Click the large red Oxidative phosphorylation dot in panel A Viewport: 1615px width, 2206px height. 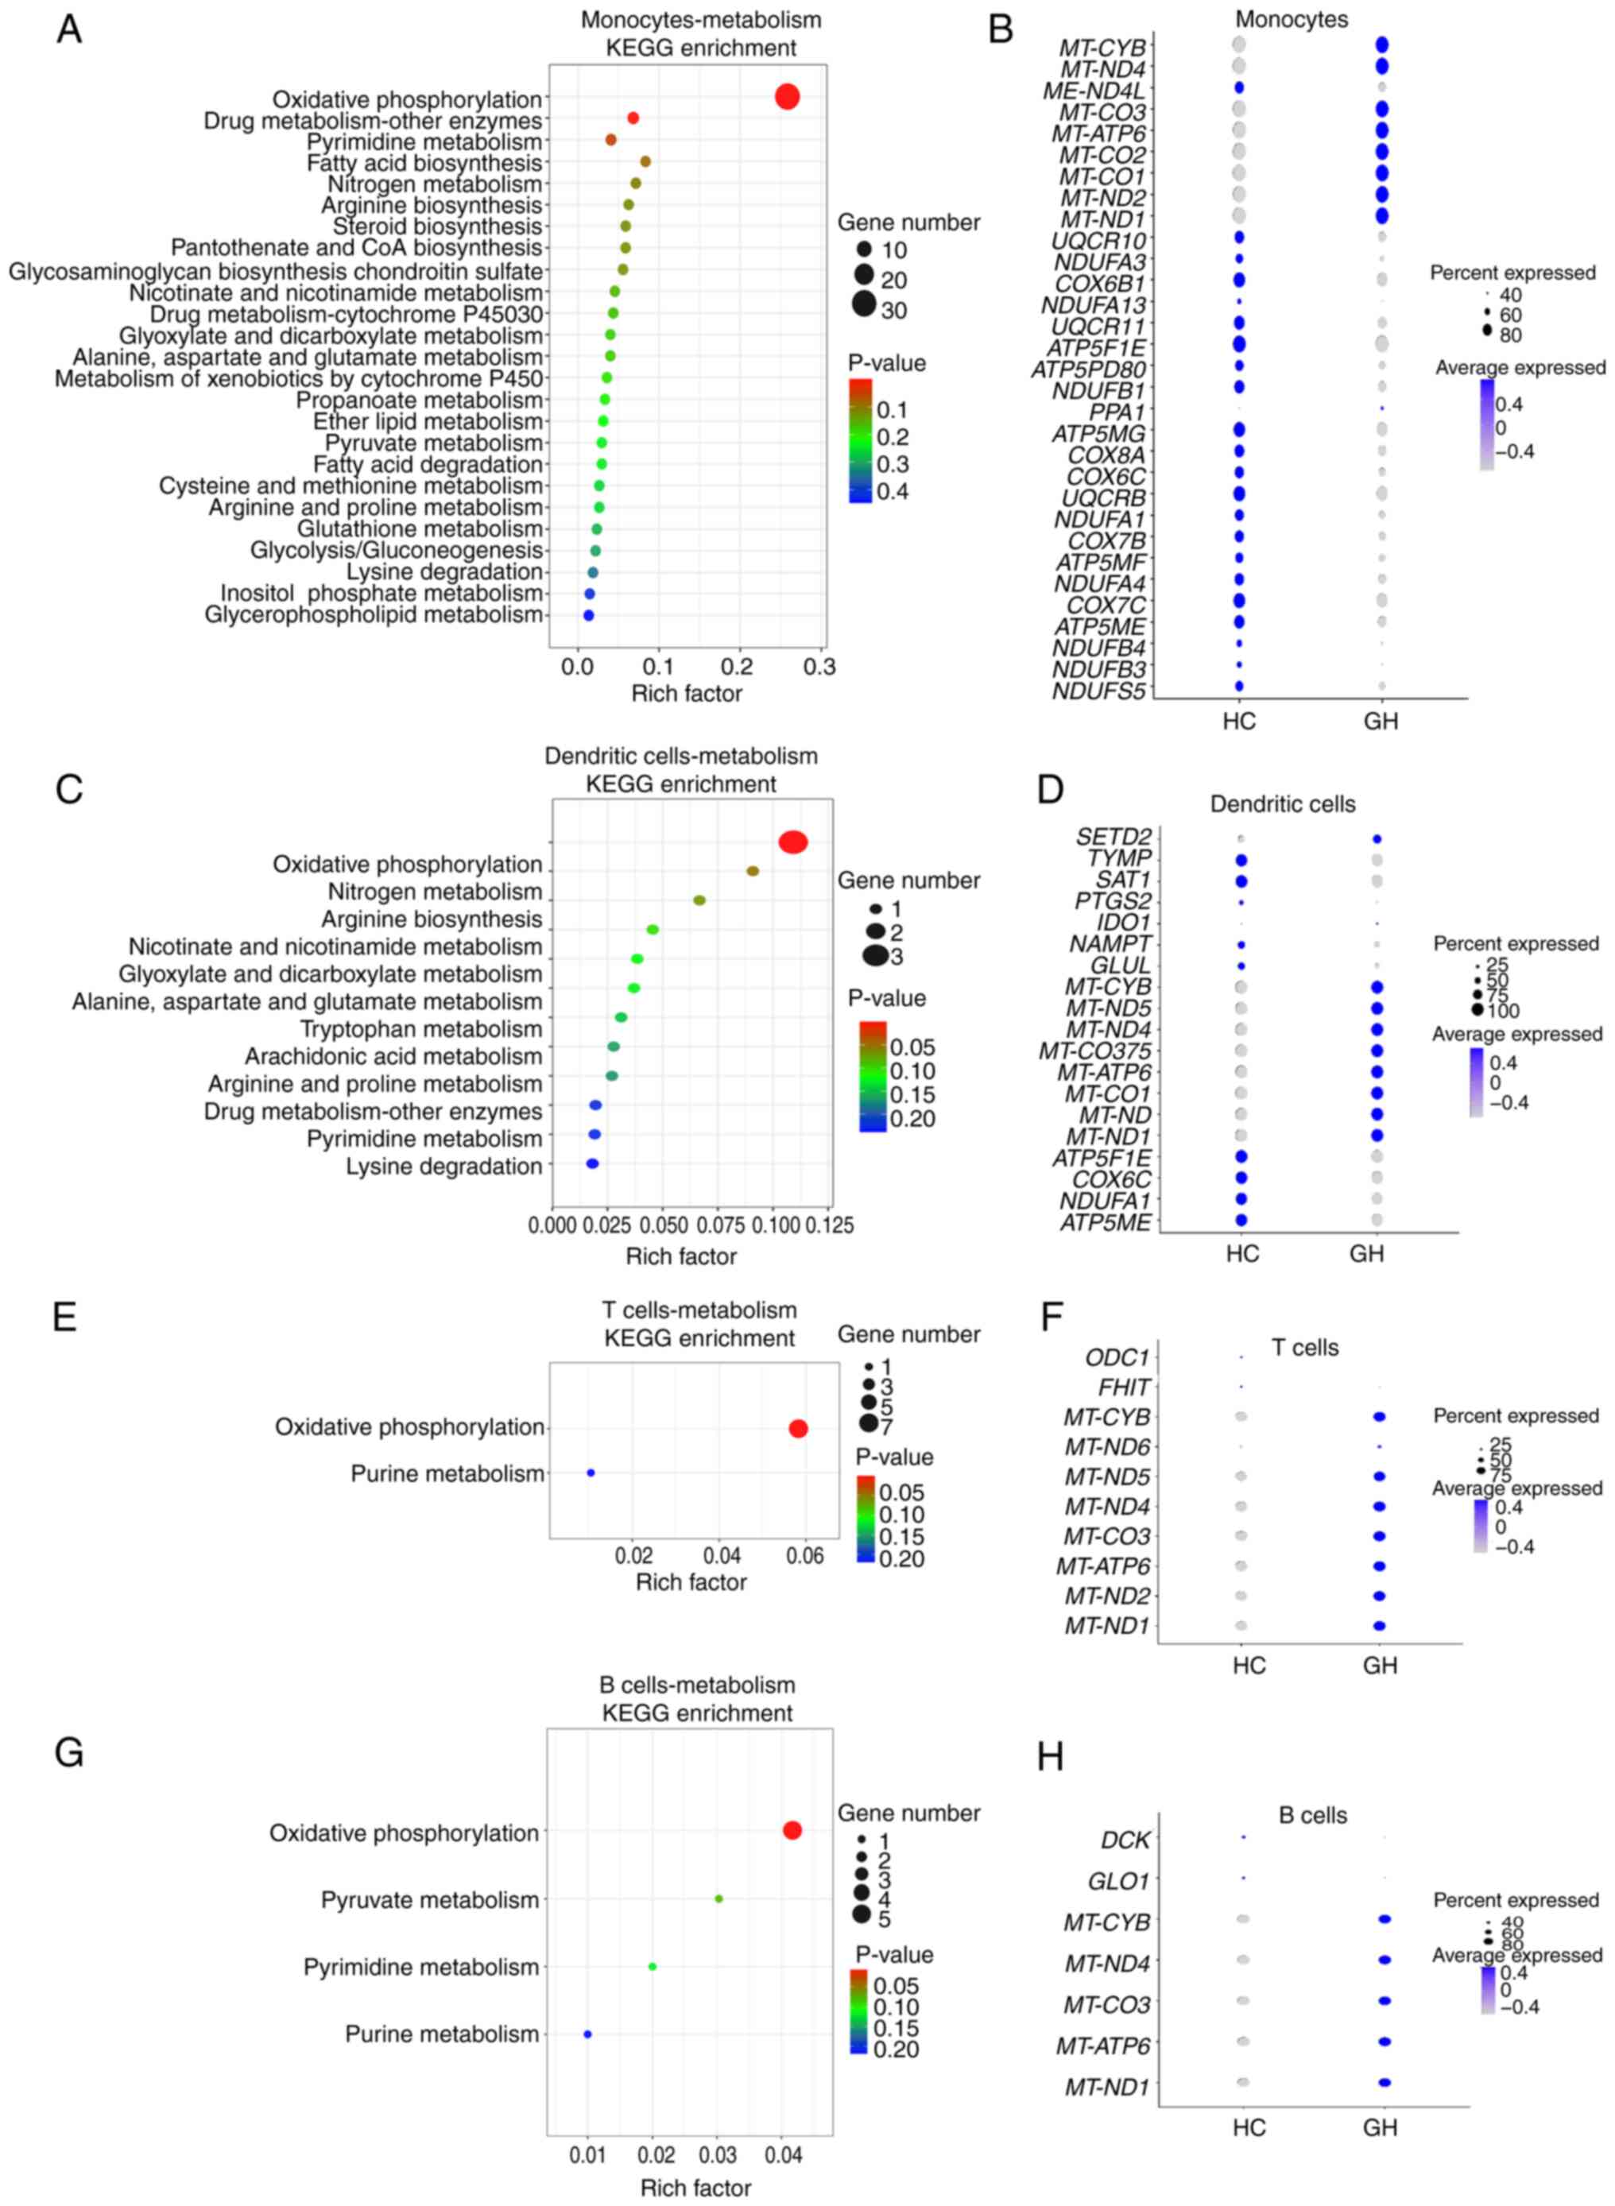pyautogui.click(x=787, y=97)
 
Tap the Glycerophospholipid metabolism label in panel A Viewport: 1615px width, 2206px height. pyautogui.click(x=373, y=615)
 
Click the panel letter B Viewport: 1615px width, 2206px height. pyautogui.click(x=1000, y=29)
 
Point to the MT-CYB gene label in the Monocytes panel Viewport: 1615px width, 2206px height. pyautogui.click(x=1102, y=47)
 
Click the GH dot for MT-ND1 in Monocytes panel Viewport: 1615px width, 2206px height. pyautogui.click(x=1381, y=216)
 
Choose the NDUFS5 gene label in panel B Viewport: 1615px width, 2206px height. pyautogui.click(x=1099, y=692)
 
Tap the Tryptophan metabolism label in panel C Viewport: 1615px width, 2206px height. pyautogui.click(x=420, y=1029)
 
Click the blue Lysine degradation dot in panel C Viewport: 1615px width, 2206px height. pyautogui.click(x=591, y=1164)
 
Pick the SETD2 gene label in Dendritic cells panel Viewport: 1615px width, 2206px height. pyautogui.click(x=1113, y=837)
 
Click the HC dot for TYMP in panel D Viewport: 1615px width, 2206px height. pyautogui.click(x=1241, y=860)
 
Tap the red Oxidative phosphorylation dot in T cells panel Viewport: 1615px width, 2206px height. pyautogui.click(x=798, y=1429)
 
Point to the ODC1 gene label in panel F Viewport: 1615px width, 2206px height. pyautogui.click(x=1117, y=1357)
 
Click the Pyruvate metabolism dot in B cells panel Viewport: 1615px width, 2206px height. pyautogui.click(x=718, y=1899)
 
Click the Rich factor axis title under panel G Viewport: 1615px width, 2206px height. pyautogui.click(x=695, y=2188)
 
